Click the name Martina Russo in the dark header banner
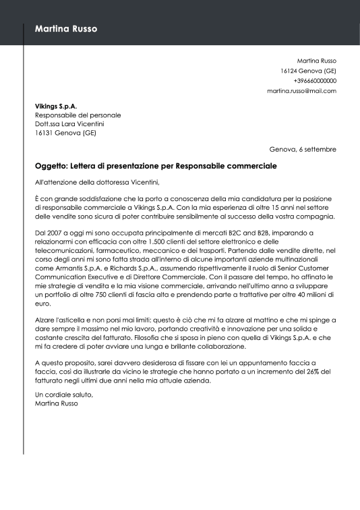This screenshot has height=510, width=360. pyautogui.click(x=66, y=29)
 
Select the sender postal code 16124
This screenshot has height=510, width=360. pyautogui.click(x=290, y=71)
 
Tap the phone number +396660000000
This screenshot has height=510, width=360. pyautogui.click(x=314, y=81)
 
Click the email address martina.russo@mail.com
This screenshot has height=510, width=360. pyautogui.click(x=301, y=91)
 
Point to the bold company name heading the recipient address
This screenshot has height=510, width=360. pyautogui.click(x=56, y=106)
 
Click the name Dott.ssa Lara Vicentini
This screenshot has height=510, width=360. pyautogui.click(x=69, y=124)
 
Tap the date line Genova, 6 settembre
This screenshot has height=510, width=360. pyautogui.click(x=302, y=149)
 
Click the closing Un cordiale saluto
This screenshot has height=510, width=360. pyautogui.click(x=64, y=395)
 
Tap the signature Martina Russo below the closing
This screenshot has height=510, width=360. pyautogui.click(x=57, y=403)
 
